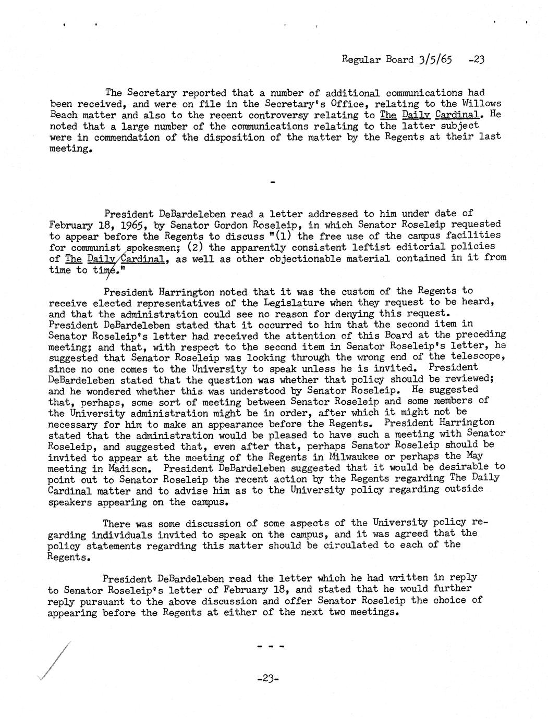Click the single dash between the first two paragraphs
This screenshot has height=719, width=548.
[272, 183]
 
